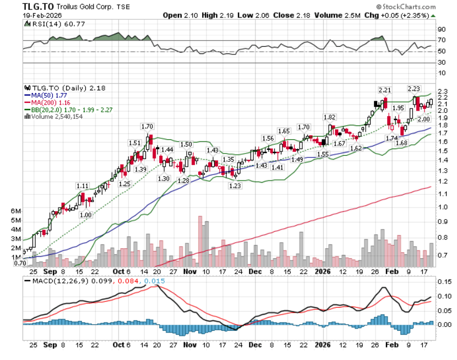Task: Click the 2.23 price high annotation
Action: pyautogui.click(x=414, y=89)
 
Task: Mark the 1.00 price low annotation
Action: pyautogui.click(x=86, y=215)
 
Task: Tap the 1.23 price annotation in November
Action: pyautogui.click(x=235, y=186)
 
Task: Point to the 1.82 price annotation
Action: pyautogui.click(x=330, y=117)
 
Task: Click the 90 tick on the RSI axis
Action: pyautogui.click(x=441, y=29)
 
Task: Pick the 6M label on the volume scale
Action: pyautogui.click(x=17, y=211)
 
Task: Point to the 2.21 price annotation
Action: pyautogui.click(x=384, y=89)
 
